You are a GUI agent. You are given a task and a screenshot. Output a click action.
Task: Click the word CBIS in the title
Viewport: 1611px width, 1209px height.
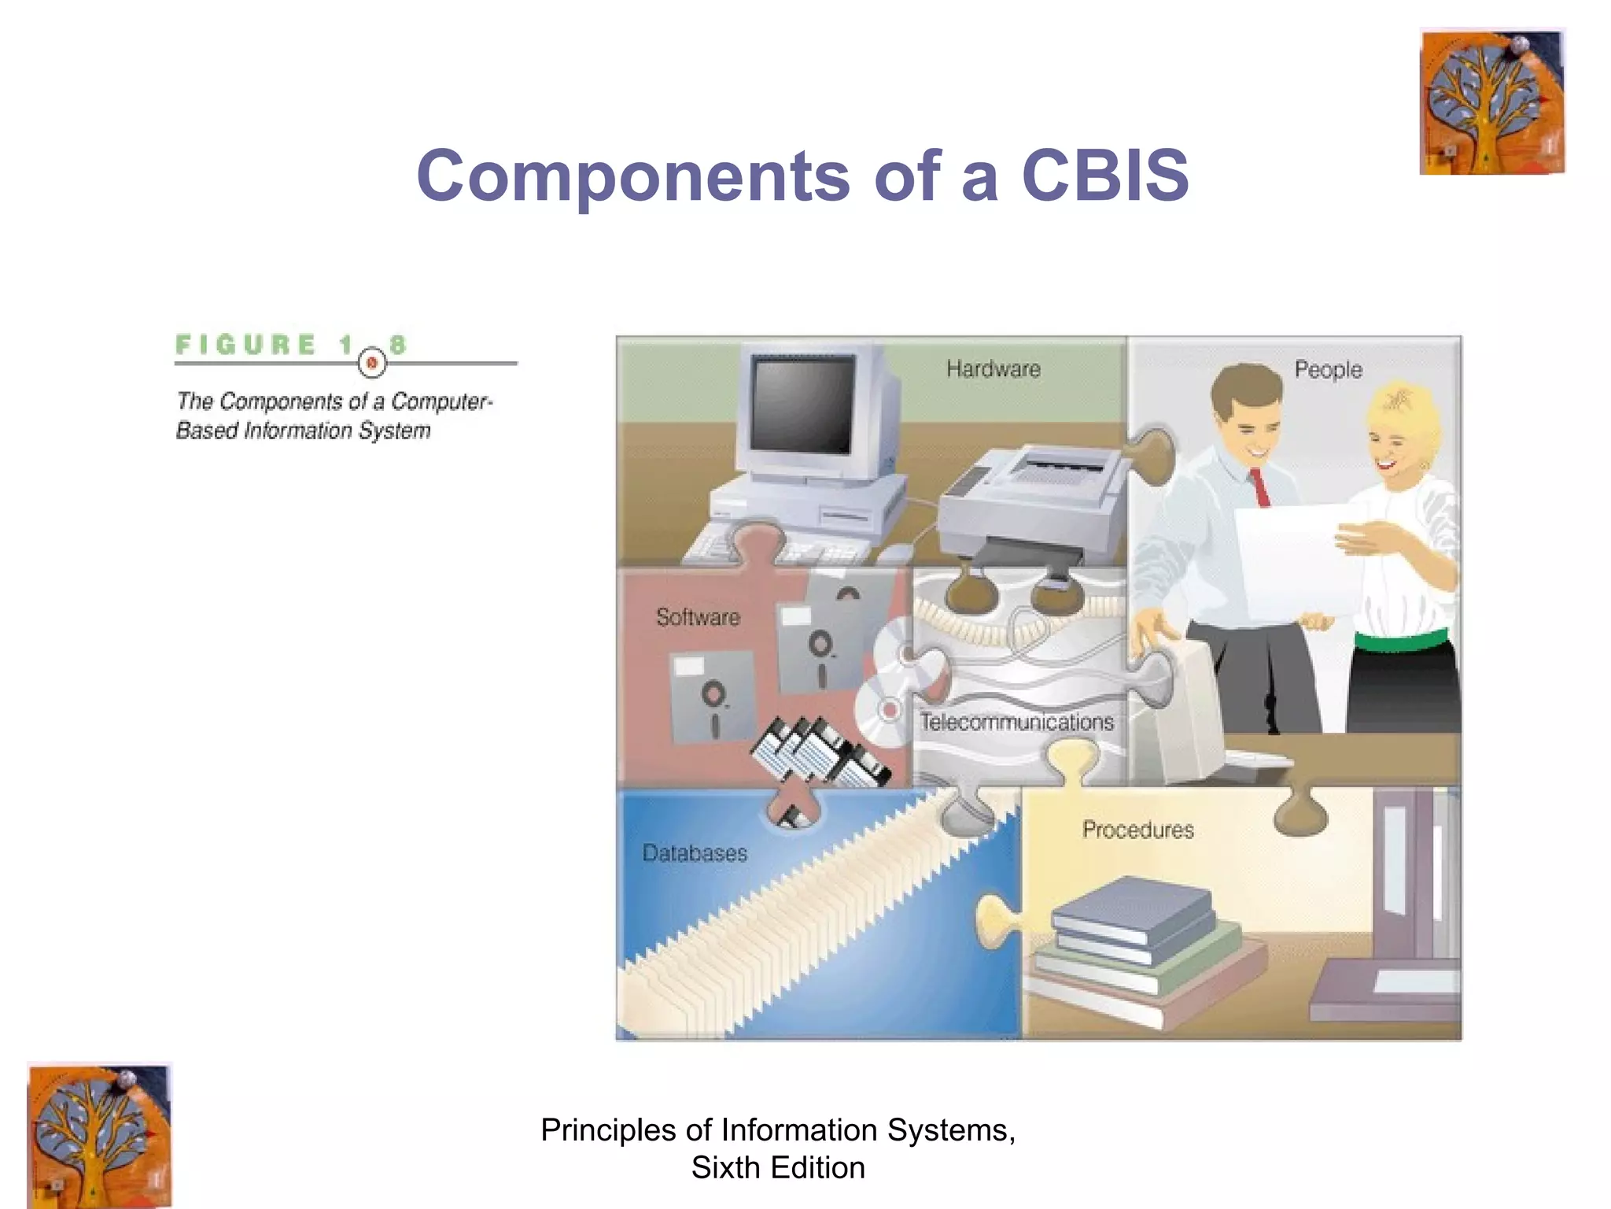(1105, 175)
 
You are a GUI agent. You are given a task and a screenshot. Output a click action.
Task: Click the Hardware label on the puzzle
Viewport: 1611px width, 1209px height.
(993, 368)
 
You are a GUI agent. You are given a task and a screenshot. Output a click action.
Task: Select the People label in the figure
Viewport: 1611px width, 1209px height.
(1328, 369)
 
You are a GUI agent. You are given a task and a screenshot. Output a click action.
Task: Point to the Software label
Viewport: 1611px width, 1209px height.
(698, 616)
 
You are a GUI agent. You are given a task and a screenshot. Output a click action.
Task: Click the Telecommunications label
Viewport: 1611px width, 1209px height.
(1017, 722)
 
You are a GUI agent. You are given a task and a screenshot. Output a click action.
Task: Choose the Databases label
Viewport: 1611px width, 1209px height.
(695, 852)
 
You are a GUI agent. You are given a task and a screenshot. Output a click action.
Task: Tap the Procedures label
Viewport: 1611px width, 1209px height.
(1137, 829)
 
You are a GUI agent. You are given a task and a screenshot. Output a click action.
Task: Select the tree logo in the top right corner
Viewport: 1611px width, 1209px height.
(1491, 102)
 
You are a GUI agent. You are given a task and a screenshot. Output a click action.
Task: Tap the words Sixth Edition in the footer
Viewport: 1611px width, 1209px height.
(777, 1167)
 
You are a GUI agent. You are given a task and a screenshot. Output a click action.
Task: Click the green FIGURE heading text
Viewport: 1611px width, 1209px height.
(245, 345)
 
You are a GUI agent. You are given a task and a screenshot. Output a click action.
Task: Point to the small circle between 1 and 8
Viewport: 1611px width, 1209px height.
(372, 363)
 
